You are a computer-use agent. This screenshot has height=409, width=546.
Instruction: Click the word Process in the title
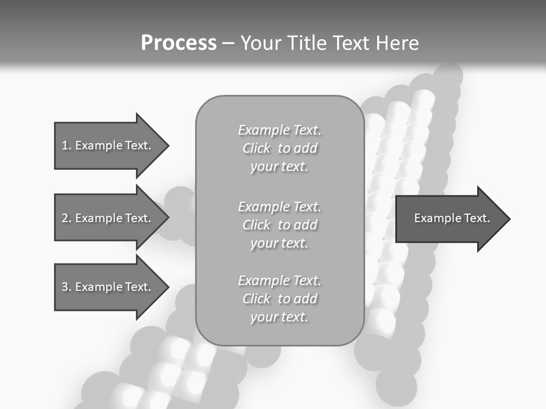[179, 43]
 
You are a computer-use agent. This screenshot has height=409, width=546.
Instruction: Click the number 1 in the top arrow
[65, 145]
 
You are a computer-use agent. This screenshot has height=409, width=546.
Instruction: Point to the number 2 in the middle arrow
[65, 218]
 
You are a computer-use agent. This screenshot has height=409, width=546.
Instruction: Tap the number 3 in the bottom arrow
[65, 287]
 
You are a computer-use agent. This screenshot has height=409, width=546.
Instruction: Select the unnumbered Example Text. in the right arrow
[452, 218]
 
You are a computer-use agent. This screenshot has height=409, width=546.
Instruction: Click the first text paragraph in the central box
[280, 148]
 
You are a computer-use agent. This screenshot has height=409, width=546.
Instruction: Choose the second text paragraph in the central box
[280, 225]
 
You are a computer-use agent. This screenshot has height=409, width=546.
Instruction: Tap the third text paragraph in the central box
[280, 299]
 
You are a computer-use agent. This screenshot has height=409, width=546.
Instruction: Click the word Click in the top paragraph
[257, 148]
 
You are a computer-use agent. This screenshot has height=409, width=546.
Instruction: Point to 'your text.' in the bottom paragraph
[279, 317]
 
